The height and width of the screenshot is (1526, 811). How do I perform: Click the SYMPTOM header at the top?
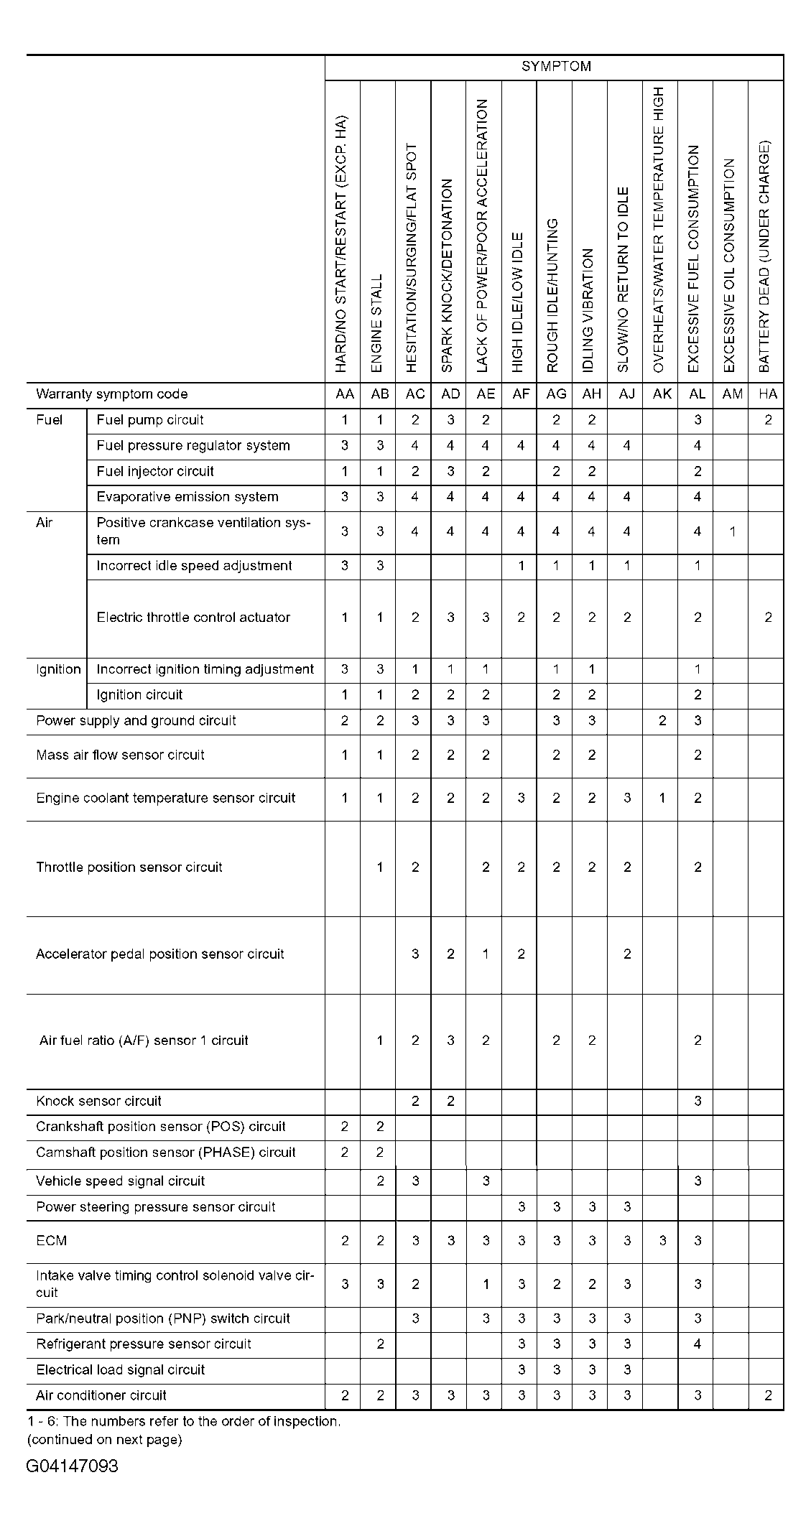pos(555,67)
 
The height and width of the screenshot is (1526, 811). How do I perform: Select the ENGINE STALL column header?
pos(378,323)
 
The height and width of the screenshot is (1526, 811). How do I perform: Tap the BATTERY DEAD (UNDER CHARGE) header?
pos(765,256)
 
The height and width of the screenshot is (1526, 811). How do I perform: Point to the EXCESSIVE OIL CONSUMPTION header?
pos(730,266)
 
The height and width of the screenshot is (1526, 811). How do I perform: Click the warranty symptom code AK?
pos(662,394)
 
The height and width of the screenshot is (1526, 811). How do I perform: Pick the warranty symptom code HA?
pos(767,394)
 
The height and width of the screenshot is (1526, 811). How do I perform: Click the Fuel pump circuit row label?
pos(150,420)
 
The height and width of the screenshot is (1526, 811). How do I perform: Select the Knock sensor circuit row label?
pos(99,1101)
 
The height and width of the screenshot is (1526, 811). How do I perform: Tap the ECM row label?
pos(52,1240)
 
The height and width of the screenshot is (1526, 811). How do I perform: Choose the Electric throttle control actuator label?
pos(193,618)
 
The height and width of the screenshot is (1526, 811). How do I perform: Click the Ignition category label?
pos(58,669)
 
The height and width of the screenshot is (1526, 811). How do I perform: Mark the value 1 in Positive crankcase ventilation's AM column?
pos(732,531)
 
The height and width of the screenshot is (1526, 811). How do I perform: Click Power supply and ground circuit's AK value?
pos(662,721)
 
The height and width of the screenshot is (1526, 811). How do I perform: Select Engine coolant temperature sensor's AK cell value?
pos(662,798)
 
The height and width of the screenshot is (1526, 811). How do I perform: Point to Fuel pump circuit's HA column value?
pos(768,420)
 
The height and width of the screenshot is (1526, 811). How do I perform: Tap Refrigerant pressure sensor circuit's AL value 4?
pos(697,1344)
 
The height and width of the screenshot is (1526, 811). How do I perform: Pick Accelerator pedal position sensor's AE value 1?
pos(486,954)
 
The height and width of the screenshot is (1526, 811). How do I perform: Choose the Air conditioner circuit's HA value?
pos(768,1395)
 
